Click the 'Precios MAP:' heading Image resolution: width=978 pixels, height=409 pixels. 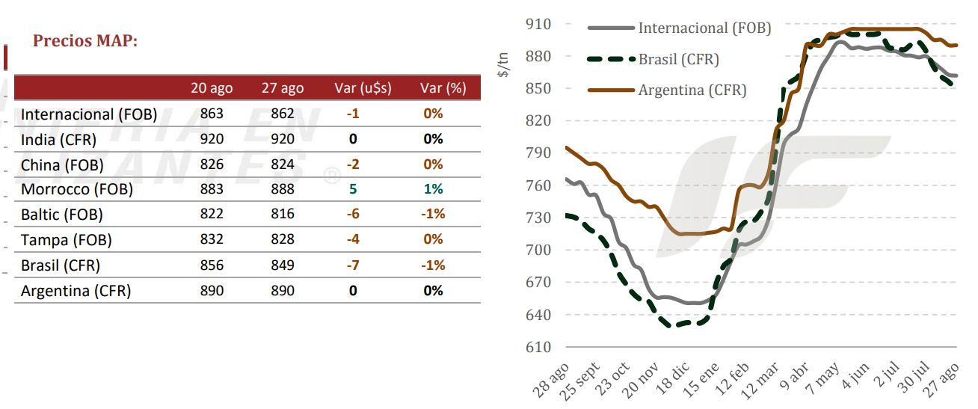[85, 40]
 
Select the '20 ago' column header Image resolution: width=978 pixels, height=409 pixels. [212, 88]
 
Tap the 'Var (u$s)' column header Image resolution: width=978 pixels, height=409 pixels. [363, 88]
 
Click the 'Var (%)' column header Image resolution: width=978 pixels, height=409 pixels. [443, 88]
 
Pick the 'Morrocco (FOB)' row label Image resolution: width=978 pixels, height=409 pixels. [77, 189]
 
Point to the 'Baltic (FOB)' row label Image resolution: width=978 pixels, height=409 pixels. [62, 215]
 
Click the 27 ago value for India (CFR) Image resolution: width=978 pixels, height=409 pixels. [283, 139]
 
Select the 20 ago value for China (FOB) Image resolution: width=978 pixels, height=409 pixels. [212, 164]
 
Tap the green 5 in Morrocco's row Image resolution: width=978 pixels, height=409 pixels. [353, 189]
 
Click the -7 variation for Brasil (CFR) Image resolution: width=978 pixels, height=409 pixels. [353, 265]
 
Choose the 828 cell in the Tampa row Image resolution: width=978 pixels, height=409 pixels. [283, 239]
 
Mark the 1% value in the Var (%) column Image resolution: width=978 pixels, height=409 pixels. [433, 189]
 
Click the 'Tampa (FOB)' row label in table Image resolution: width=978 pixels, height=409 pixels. [67, 240]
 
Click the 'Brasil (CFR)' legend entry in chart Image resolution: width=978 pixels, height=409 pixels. [653, 59]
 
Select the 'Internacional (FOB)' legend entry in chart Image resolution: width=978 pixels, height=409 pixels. [680, 28]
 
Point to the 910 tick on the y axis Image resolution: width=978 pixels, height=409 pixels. [538, 24]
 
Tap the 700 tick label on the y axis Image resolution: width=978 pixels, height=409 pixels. [538, 250]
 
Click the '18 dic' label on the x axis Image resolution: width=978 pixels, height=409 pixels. [672, 378]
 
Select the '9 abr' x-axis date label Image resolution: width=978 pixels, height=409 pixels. [794, 376]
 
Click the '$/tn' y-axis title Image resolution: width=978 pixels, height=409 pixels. [503, 64]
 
